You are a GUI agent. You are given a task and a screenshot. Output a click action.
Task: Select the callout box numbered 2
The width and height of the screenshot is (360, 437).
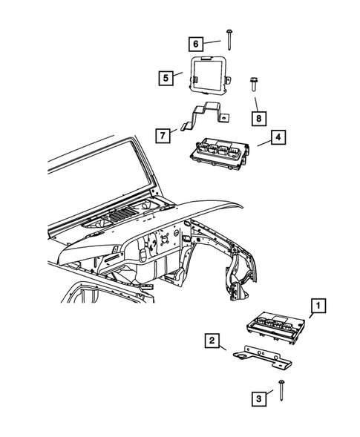pyautogui.click(x=212, y=341)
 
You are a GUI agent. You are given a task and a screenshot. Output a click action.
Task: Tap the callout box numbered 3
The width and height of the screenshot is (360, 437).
pyautogui.click(x=259, y=399)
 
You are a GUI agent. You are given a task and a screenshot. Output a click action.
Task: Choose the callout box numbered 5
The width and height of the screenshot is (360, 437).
pyautogui.click(x=165, y=76)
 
